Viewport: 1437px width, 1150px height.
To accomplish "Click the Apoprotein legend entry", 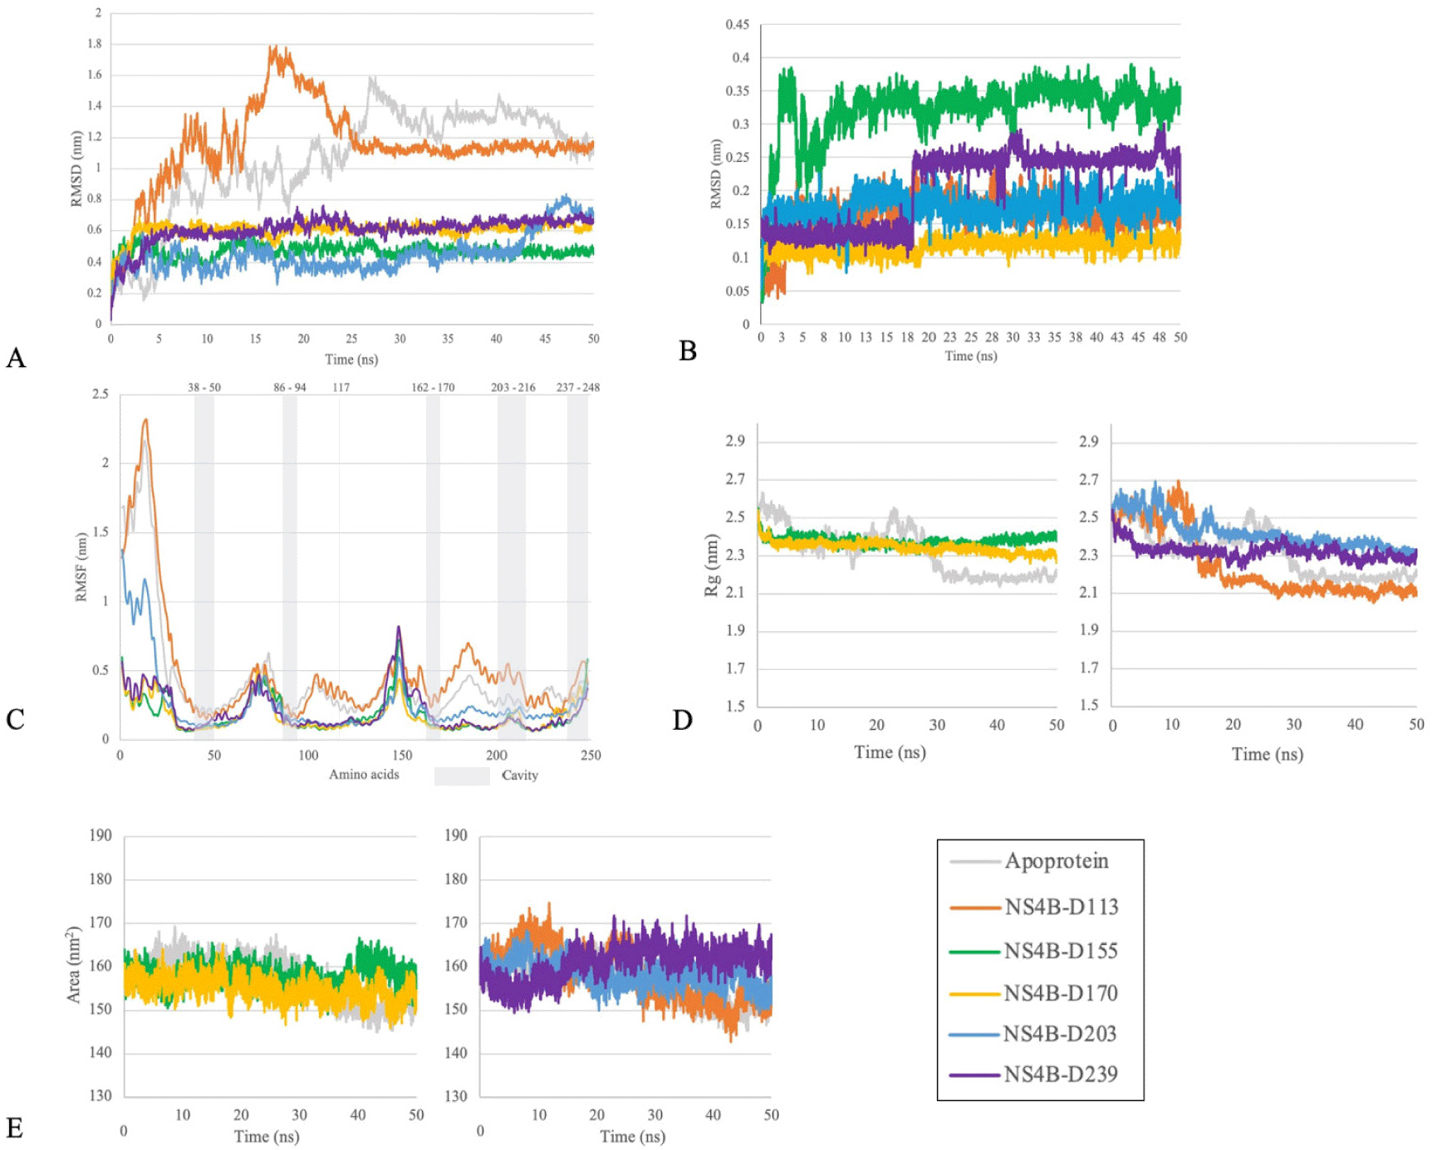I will pyautogui.click(x=1056, y=861).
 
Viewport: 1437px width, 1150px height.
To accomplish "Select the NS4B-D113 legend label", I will pyautogui.click(x=1061, y=907).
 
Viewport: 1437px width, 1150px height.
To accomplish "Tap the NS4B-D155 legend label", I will pyautogui.click(x=1061, y=951).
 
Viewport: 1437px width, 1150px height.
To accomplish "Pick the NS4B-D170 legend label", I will pyautogui.click(x=1061, y=993).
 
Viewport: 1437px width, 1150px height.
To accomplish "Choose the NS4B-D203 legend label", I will pyautogui.click(x=1060, y=1034).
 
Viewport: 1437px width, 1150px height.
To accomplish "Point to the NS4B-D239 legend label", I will pyautogui.click(x=1061, y=1074).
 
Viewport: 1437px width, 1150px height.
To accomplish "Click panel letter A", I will pyautogui.click(x=16, y=359).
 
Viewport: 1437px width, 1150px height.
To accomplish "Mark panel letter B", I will pyautogui.click(x=688, y=351).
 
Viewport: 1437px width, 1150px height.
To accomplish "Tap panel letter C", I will pyautogui.click(x=15, y=719).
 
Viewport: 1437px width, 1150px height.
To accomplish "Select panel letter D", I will pyautogui.click(x=683, y=720).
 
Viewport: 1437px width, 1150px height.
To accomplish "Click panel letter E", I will pyautogui.click(x=14, y=1128).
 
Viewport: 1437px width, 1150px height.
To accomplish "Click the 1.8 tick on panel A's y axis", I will pyautogui.click(x=95, y=44).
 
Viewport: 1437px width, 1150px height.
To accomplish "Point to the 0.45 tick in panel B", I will pyautogui.click(x=737, y=25).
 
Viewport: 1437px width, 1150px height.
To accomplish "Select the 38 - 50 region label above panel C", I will pyautogui.click(x=204, y=388).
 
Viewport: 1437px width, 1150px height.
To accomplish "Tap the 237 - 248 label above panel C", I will pyautogui.click(x=578, y=388).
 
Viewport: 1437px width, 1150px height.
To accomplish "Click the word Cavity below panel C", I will pyautogui.click(x=520, y=776).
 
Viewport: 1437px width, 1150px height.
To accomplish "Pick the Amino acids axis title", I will pyautogui.click(x=364, y=775).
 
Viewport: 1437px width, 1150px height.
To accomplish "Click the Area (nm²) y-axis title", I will pyautogui.click(x=74, y=965).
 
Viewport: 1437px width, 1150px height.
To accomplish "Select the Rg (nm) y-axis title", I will pyautogui.click(x=712, y=565).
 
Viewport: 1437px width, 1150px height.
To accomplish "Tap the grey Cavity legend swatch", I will pyautogui.click(x=462, y=776).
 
